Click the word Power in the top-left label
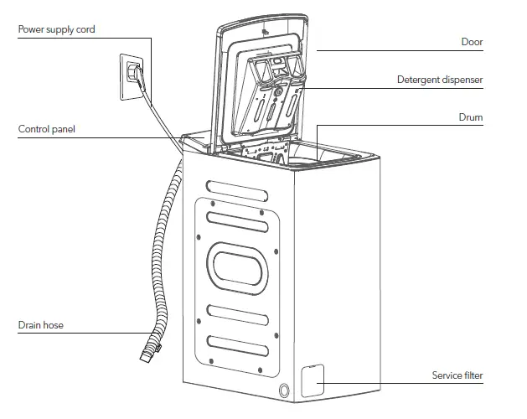(33, 29)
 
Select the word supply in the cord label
(65, 30)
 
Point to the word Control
(34, 130)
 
